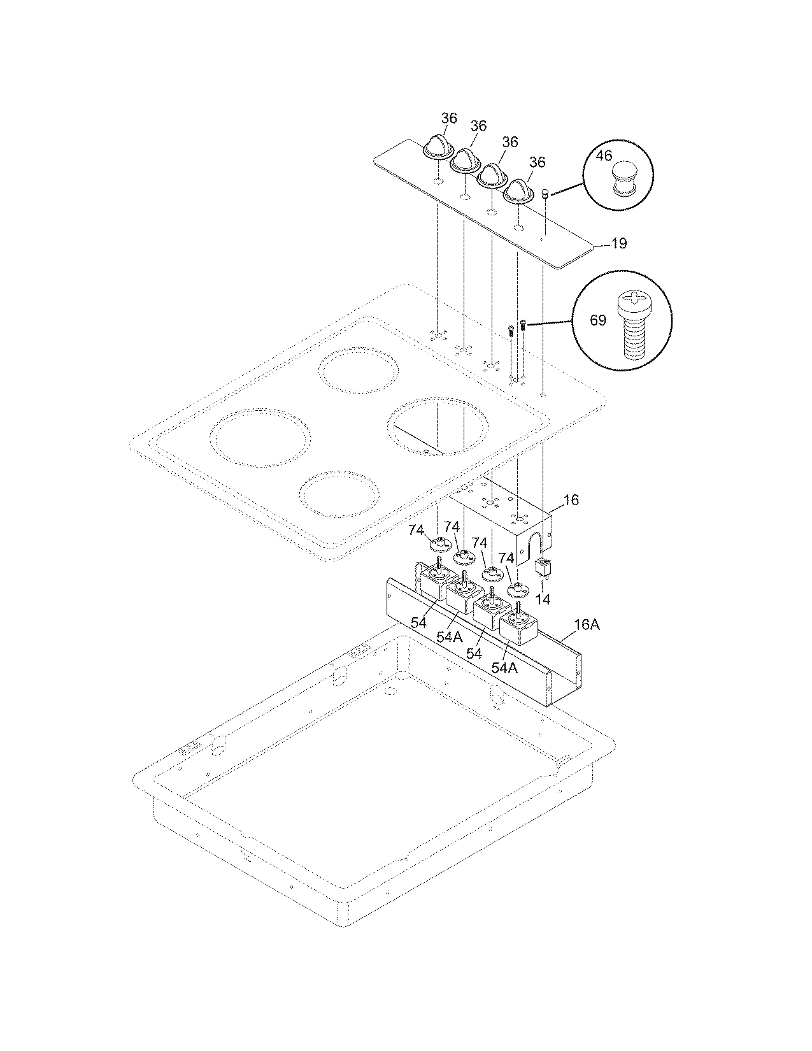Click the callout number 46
tap(604, 155)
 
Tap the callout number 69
tap(597, 320)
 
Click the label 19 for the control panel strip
tap(618, 243)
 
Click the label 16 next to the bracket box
tap(571, 500)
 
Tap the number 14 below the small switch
tap(543, 599)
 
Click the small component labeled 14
tap(543, 566)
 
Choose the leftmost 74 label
tap(416, 529)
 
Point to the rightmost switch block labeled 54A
tap(518, 626)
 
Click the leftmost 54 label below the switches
tap(418, 623)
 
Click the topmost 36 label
tap(449, 118)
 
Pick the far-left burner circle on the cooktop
tap(260, 438)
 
